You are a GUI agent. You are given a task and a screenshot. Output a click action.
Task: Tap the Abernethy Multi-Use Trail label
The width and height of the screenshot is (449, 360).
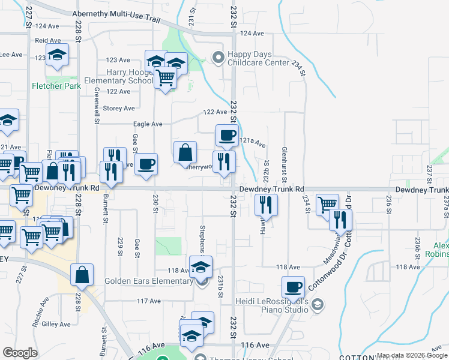click(x=117, y=15)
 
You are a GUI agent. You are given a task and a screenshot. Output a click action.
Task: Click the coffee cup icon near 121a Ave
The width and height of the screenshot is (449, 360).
click(x=226, y=136)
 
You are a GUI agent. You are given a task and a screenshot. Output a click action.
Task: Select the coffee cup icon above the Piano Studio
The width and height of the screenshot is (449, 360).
click(x=293, y=287)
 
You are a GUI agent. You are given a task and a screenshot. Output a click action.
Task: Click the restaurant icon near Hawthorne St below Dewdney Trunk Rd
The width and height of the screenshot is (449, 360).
click(x=265, y=205)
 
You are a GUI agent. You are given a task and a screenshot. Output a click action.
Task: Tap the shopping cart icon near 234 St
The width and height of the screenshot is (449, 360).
click(x=327, y=204)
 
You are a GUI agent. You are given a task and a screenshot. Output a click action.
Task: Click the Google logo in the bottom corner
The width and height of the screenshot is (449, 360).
click(x=20, y=353)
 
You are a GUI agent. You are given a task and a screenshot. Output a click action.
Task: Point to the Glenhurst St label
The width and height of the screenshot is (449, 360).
click(x=285, y=163)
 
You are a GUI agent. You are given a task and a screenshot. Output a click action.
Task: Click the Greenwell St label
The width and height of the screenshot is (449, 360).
click(x=96, y=106)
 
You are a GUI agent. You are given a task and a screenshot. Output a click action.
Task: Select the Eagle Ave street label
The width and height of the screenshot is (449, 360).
click(x=148, y=124)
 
